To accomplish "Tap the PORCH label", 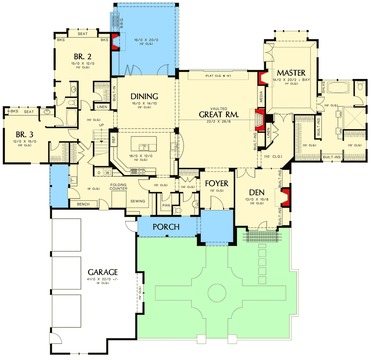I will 166,227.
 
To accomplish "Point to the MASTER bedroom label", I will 291,72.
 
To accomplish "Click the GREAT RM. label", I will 219,115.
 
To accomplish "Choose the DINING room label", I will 144,96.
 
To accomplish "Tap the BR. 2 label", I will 83,57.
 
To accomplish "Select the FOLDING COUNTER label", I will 118,186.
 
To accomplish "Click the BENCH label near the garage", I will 83,204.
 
